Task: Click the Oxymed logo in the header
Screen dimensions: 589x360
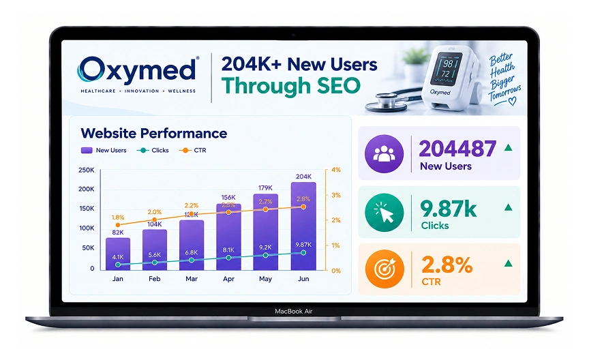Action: pos(138,74)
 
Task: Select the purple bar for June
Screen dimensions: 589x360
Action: pos(303,226)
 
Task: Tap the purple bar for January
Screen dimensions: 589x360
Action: pos(117,254)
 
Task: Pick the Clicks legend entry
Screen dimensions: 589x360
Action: pos(153,150)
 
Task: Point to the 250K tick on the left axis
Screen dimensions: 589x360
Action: pos(87,170)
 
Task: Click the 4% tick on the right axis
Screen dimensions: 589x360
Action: pos(336,170)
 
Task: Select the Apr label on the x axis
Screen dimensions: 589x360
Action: pos(228,279)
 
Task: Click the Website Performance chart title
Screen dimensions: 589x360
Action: pos(154,134)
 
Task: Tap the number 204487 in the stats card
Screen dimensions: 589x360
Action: pos(457,149)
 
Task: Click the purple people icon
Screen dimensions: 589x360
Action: pos(384,153)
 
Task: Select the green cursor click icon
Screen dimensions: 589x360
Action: pos(384,212)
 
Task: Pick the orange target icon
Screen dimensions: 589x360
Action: pos(384,269)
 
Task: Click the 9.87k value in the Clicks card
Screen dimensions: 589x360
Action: pos(449,209)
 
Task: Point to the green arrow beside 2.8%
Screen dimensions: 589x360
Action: pos(509,263)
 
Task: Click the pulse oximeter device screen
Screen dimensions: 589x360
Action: pos(447,68)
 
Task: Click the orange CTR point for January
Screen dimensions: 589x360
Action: pos(118,225)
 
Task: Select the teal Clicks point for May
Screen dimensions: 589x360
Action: pos(266,255)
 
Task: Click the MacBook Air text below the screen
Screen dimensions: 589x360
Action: pos(294,311)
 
